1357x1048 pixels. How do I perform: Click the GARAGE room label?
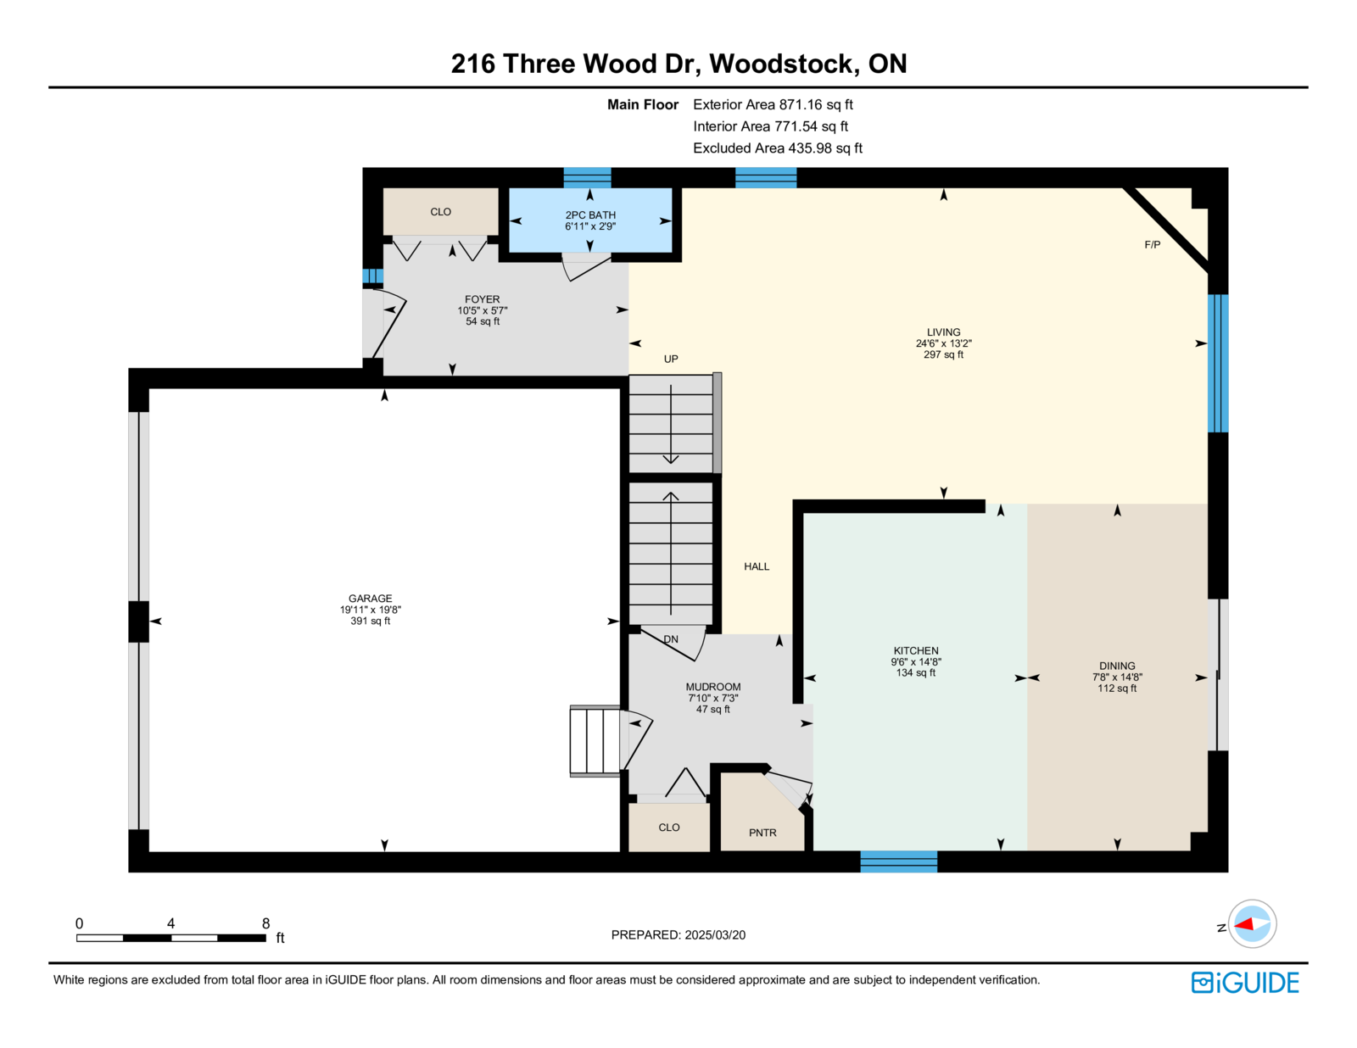(370, 599)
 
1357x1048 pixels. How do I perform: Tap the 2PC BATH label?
(590, 215)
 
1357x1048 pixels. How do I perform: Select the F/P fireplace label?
(1152, 245)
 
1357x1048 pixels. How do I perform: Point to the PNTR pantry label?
(762, 833)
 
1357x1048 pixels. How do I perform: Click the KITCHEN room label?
(916, 651)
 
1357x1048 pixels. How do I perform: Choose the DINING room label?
(1117, 666)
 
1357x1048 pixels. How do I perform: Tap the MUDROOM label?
(713, 687)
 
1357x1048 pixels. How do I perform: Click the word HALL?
(757, 566)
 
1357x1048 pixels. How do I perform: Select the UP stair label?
(671, 360)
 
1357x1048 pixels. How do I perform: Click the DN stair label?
(671, 639)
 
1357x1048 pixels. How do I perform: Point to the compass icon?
(1251, 924)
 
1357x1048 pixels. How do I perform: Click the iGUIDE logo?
(1245, 983)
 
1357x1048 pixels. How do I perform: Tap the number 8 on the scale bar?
(265, 923)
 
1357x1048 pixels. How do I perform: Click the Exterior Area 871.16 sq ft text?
(773, 105)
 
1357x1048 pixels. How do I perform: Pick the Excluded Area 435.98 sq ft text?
(777, 148)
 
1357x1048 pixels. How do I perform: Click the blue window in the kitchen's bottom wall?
(898, 862)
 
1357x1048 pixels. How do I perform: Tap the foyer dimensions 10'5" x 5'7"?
(483, 311)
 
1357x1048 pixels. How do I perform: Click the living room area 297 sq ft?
(943, 355)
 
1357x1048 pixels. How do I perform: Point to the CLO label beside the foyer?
(440, 212)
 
